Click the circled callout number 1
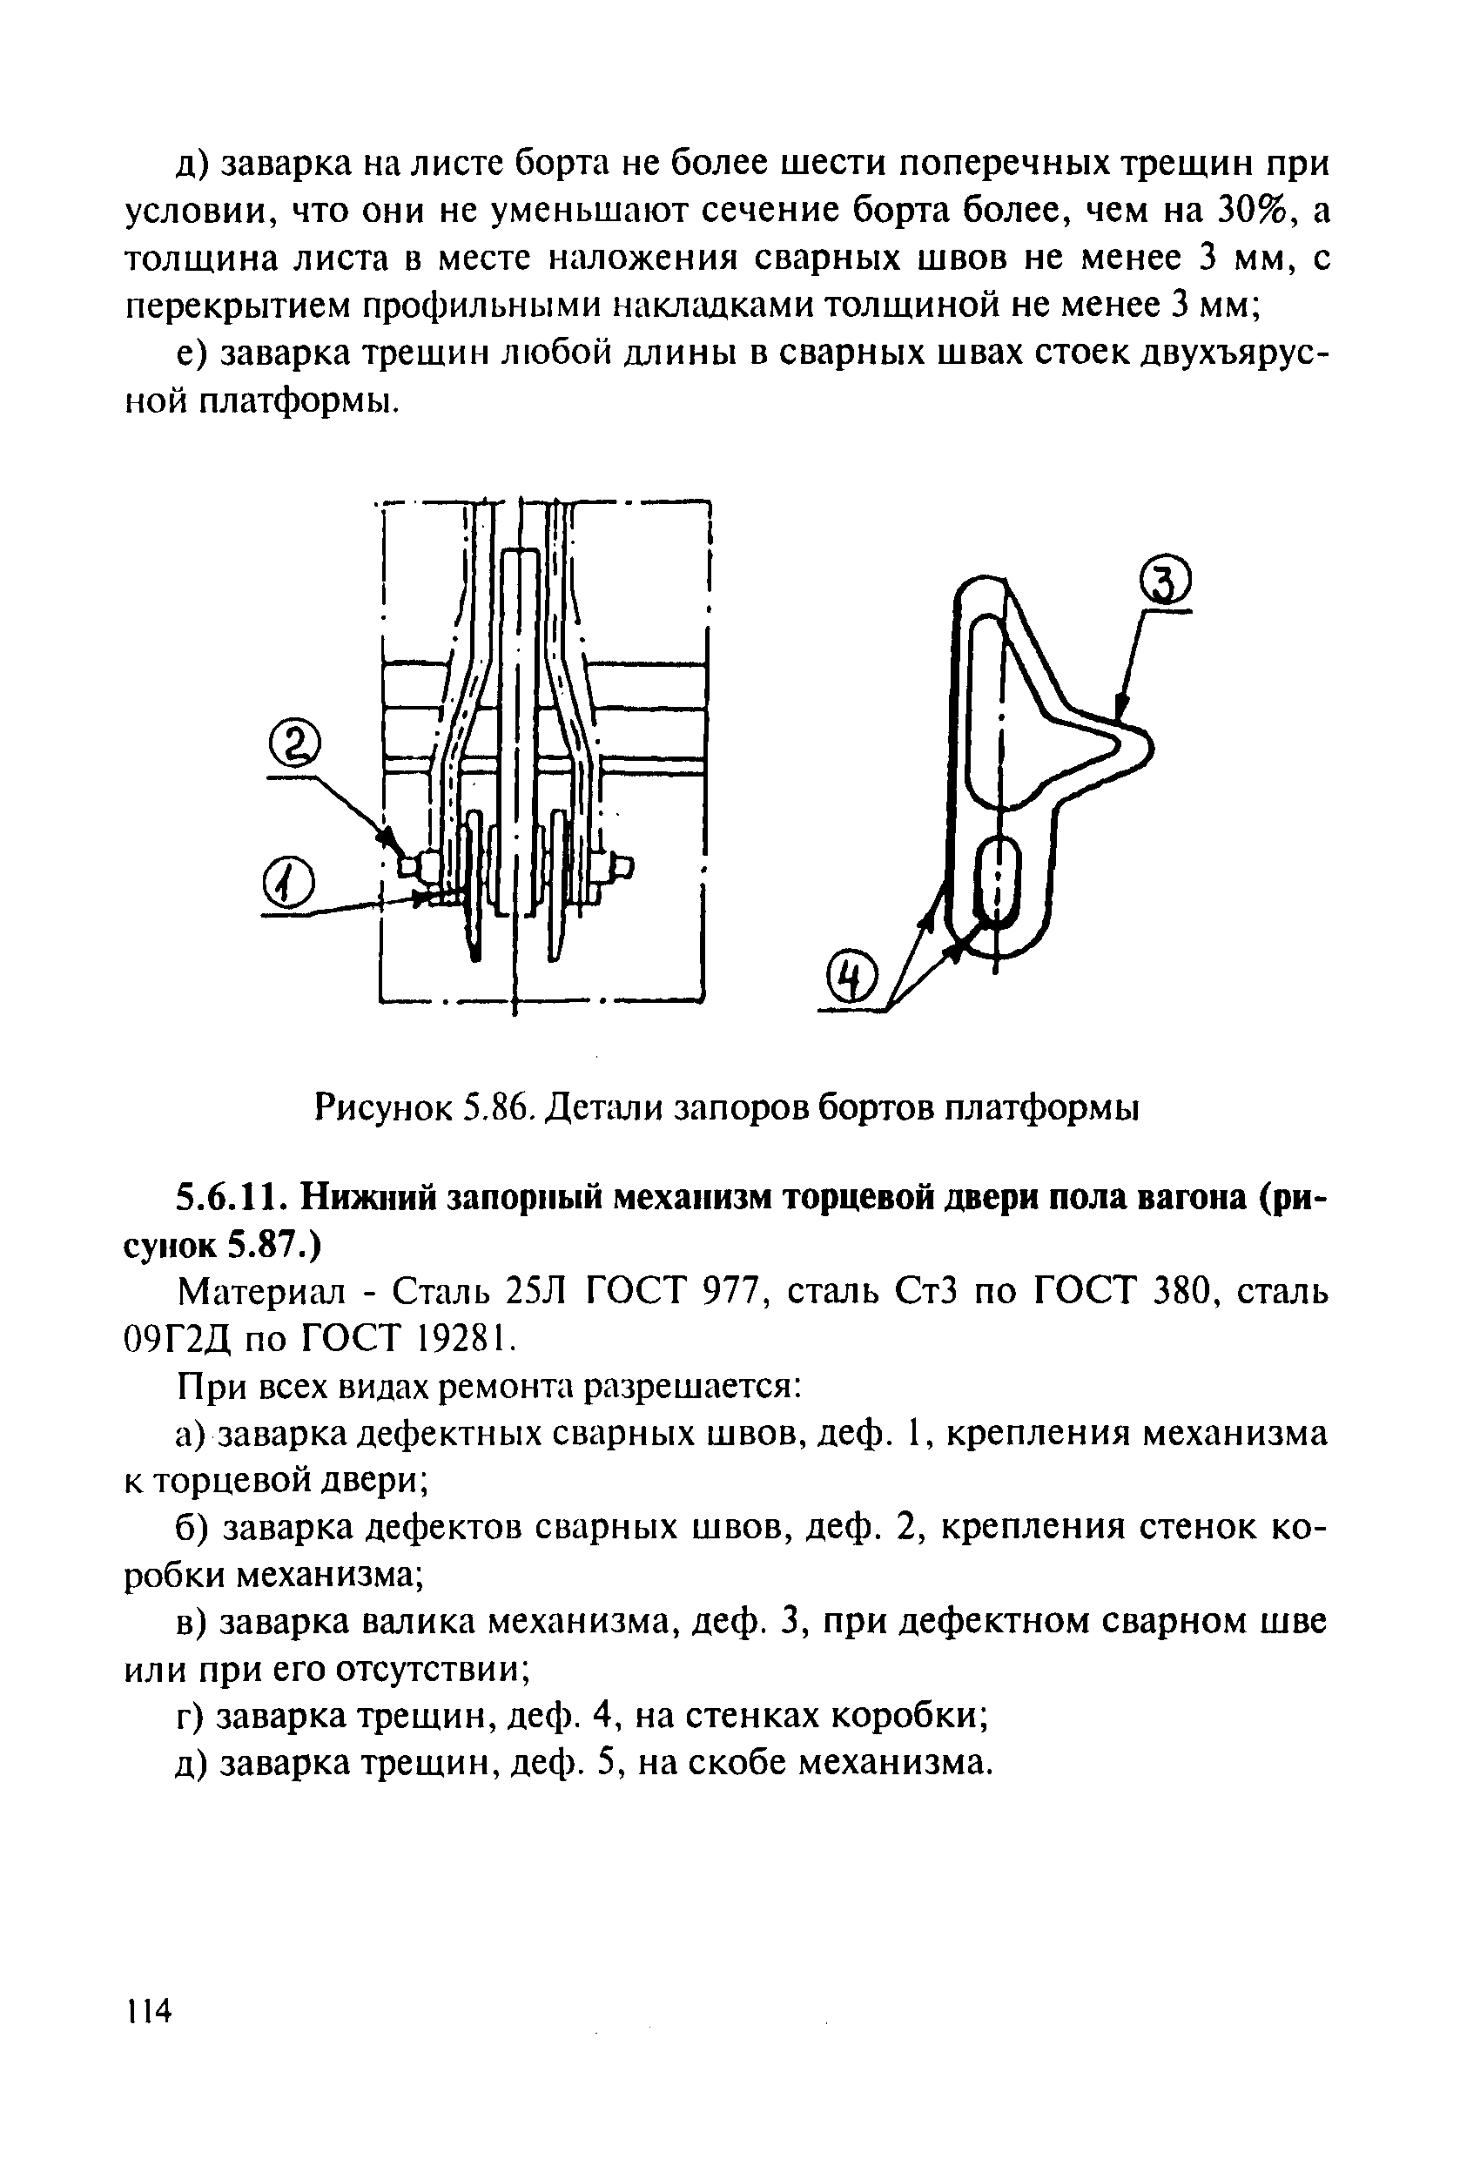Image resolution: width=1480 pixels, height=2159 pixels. tap(290, 883)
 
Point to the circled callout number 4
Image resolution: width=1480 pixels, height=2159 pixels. tap(853, 981)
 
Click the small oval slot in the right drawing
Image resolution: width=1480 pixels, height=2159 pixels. tap(998, 876)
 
